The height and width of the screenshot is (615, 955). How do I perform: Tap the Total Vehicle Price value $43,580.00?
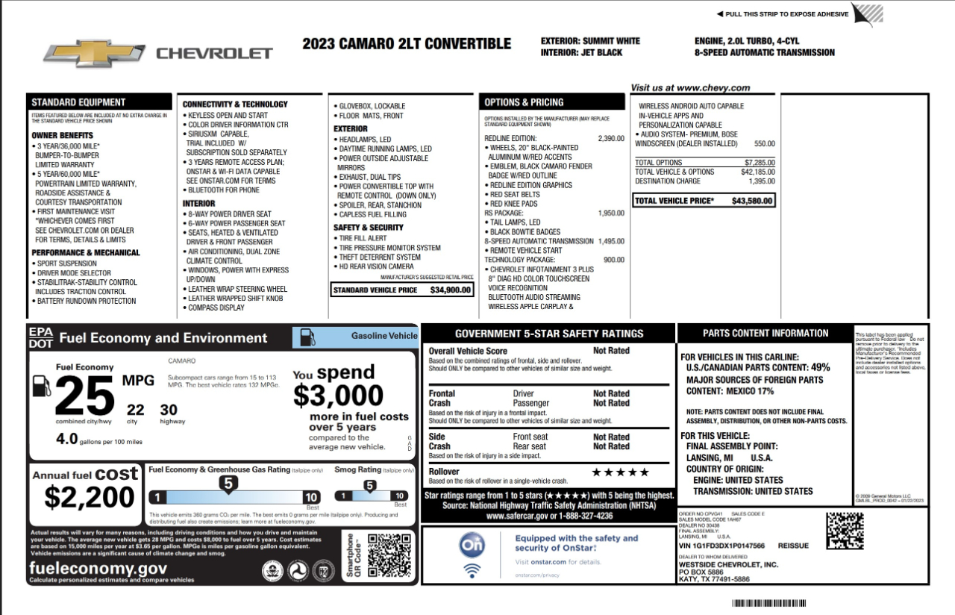coord(753,201)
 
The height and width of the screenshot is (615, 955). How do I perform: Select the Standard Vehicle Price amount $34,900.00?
coord(451,290)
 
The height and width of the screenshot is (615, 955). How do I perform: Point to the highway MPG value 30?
coord(169,409)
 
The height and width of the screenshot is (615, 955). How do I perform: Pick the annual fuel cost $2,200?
coord(90,496)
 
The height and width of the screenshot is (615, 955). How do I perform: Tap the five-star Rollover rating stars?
coord(620,472)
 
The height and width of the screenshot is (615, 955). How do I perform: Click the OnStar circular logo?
coord(472,546)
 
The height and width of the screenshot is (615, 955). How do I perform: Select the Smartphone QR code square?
coord(389,555)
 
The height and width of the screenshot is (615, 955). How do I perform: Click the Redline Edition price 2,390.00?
coord(611,139)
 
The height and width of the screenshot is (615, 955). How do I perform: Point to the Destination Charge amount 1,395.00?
coord(761,181)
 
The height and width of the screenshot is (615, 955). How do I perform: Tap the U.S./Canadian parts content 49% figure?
coord(821,368)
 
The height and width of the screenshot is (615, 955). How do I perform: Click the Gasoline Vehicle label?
coord(384,336)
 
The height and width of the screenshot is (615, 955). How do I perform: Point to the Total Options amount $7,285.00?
coord(760,162)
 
